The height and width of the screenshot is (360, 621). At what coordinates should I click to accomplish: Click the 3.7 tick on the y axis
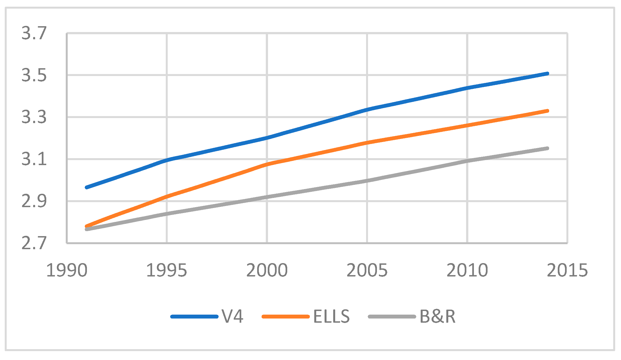click(x=34, y=33)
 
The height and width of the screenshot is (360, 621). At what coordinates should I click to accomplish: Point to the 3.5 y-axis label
click(x=34, y=75)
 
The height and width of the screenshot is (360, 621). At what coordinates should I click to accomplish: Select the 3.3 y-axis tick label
click(x=34, y=117)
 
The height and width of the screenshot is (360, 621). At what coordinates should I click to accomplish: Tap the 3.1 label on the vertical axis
click(x=34, y=159)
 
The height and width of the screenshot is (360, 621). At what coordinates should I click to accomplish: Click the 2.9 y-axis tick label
click(x=34, y=201)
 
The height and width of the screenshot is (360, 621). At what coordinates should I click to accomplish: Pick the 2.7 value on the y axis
click(x=34, y=243)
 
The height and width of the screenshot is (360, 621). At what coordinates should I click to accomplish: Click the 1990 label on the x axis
click(x=67, y=270)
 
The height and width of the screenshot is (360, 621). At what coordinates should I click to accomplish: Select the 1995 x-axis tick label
click(x=167, y=270)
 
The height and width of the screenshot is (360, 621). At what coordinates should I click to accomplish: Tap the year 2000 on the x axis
click(x=267, y=270)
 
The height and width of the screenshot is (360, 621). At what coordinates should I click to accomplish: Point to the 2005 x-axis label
click(x=367, y=270)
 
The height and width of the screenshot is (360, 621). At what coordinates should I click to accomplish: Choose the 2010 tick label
click(x=467, y=270)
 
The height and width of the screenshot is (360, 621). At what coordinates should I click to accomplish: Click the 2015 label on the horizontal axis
click(x=567, y=270)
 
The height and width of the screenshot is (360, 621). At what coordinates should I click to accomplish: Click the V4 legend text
click(x=233, y=317)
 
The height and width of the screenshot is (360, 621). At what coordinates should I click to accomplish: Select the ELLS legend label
click(x=331, y=317)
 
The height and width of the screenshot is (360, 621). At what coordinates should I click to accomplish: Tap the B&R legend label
click(x=437, y=317)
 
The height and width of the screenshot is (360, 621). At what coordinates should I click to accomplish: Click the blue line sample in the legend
click(x=194, y=317)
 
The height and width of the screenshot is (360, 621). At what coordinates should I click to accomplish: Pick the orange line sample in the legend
click(x=286, y=317)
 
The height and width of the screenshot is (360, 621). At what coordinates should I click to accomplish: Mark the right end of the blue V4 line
click(x=547, y=74)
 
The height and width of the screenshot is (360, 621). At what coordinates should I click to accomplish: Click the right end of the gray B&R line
click(x=547, y=148)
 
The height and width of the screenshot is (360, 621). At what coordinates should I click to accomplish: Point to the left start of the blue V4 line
click(x=87, y=187)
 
